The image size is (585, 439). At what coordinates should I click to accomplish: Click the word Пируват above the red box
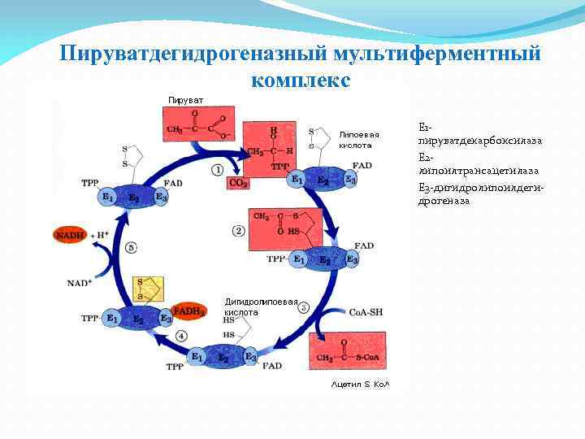point(185,100)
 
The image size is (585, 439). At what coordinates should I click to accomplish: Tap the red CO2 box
point(238,184)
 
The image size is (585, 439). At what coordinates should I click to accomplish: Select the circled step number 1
point(218,169)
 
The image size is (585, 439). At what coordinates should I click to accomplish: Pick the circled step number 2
point(238,231)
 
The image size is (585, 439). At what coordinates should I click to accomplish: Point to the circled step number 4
point(180,336)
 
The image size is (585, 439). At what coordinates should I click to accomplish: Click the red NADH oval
point(71,235)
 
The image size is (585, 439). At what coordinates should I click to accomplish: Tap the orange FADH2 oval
point(188,311)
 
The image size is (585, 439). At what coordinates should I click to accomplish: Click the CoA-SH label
point(366,312)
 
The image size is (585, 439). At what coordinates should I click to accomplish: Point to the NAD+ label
point(79,283)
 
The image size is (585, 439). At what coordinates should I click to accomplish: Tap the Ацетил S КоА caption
point(360,383)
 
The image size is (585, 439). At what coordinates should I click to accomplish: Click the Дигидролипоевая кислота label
point(261,306)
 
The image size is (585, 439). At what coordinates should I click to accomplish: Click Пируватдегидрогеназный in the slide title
point(194,54)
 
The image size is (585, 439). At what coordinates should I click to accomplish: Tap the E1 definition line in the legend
point(479,134)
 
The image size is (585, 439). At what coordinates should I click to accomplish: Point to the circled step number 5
point(132,248)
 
